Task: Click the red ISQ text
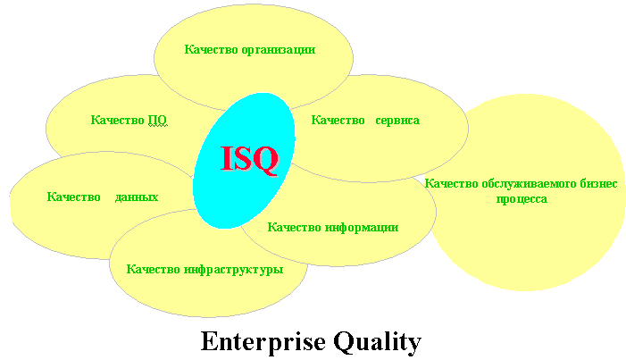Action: pyautogui.click(x=249, y=159)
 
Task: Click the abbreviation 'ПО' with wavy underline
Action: pyautogui.click(x=158, y=120)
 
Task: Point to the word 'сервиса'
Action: pyautogui.click(x=397, y=121)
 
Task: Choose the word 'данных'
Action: pyautogui.click(x=137, y=197)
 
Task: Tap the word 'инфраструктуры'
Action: pyautogui.click(x=233, y=269)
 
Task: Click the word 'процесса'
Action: pyautogui.click(x=522, y=199)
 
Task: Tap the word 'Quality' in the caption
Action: pyautogui.click(x=377, y=342)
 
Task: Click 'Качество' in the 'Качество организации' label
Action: pyautogui.click(x=211, y=49)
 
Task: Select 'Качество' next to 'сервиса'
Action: pyautogui.click(x=338, y=120)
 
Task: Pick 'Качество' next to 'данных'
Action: pyautogui.click(x=73, y=197)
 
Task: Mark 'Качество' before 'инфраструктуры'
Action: pyautogui.click(x=153, y=269)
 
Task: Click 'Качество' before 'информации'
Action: pyautogui.click(x=294, y=227)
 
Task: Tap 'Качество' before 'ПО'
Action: pyautogui.click(x=117, y=120)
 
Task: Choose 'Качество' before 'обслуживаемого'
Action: pyautogui.click(x=451, y=183)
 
